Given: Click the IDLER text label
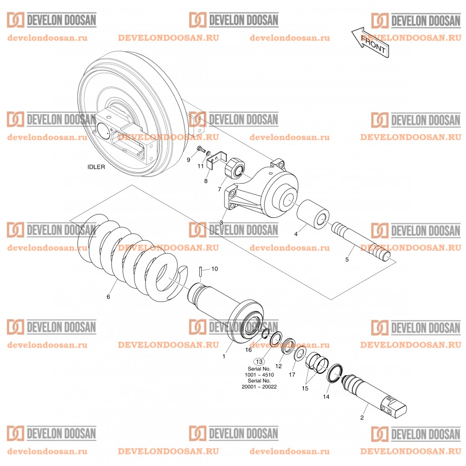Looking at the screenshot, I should (96, 167).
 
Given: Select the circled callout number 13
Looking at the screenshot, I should (259, 362).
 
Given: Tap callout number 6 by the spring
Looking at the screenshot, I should (108, 297).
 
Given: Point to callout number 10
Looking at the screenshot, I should (214, 269).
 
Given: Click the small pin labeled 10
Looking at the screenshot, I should (201, 272).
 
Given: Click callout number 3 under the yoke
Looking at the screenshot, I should (221, 223).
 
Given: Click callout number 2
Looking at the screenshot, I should (362, 418).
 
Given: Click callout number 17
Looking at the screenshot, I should (292, 375).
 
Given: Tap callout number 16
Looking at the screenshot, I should (248, 349).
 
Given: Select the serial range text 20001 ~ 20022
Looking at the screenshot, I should (259, 387).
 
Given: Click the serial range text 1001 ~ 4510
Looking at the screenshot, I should (259, 375).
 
